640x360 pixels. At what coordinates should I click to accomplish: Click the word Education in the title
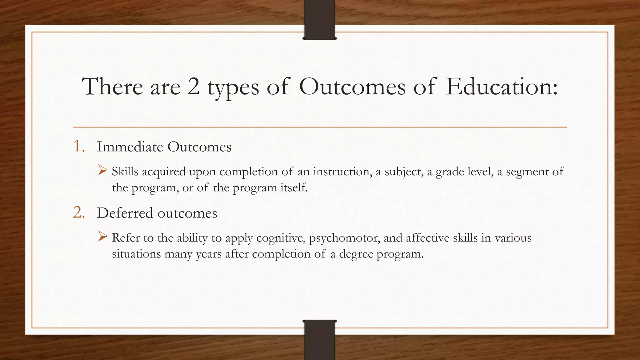click(501, 87)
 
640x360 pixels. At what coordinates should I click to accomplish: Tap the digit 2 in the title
click(193, 87)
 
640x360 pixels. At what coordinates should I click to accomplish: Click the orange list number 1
click(78, 146)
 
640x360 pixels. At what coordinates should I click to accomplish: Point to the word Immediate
click(130, 147)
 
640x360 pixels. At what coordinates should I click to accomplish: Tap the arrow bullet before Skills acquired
click(102, 170)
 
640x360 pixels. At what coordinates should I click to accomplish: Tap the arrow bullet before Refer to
click(102, 237)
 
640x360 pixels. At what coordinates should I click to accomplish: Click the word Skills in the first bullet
click(125, 172)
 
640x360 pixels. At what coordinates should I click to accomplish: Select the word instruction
click(341, 172)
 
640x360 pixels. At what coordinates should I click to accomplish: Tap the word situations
click(136, 254)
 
